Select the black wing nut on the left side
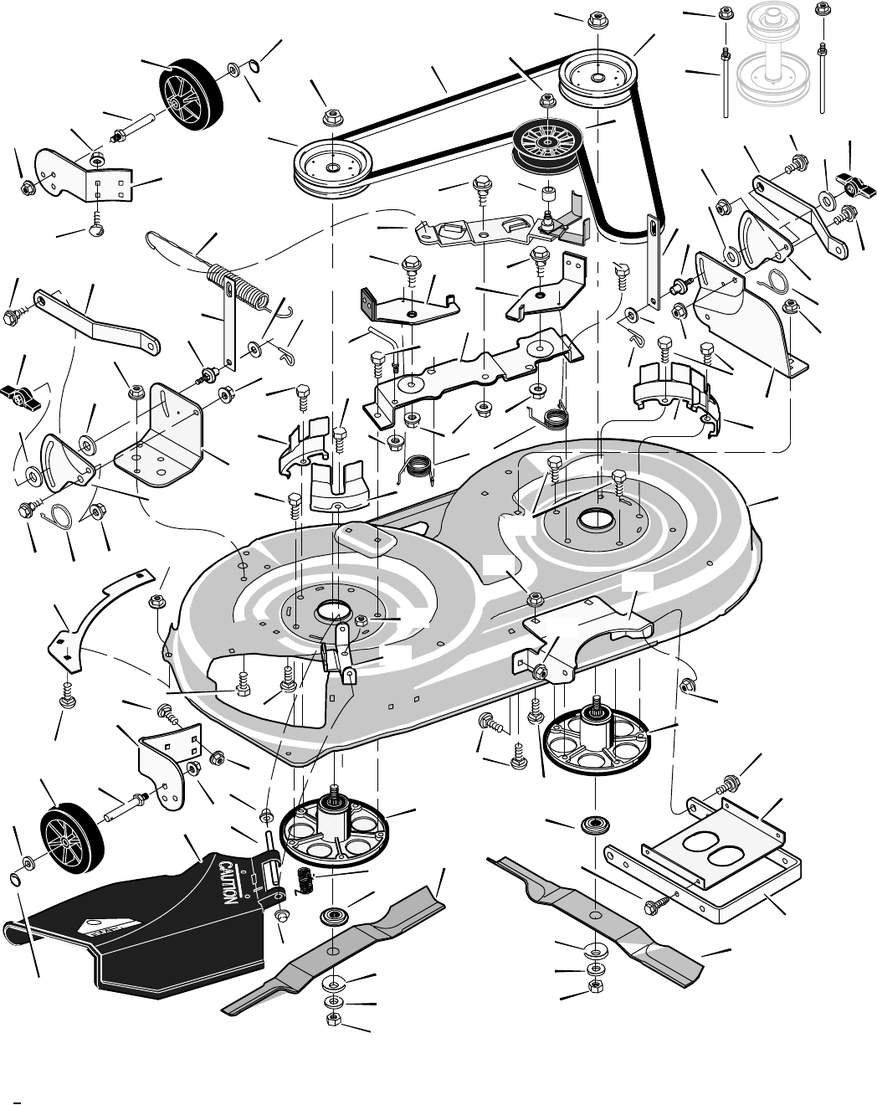pos(20,393)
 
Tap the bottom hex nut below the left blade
pos(333,1018)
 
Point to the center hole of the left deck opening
pos(333,614)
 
